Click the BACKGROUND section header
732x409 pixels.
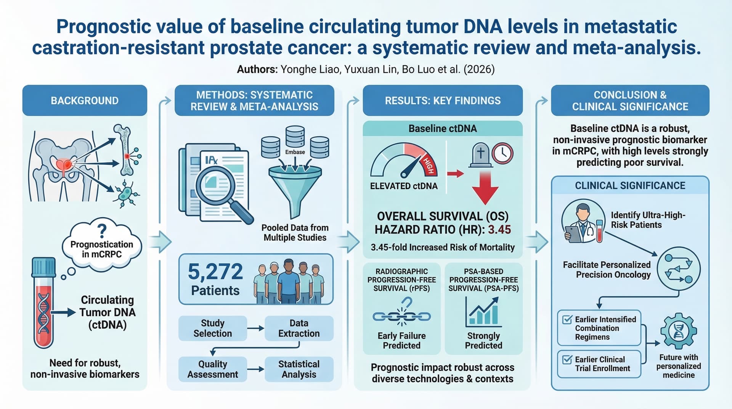tap(85, 100)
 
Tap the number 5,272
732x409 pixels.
tap(215, 272)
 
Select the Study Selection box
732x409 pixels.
tap(213, 328)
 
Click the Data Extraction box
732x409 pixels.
tap(299, 328)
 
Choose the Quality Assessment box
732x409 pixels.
tap(213, 369)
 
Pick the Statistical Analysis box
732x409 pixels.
tap(299, 369)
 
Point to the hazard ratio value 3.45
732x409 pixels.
tap(499, 229)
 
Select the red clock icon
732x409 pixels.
tap(502, 153)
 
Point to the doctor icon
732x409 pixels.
tap(583, 221)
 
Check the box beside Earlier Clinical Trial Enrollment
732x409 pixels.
tap(567, 359)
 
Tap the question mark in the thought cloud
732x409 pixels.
tap(102, 230)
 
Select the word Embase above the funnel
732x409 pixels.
tap(295, 152)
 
